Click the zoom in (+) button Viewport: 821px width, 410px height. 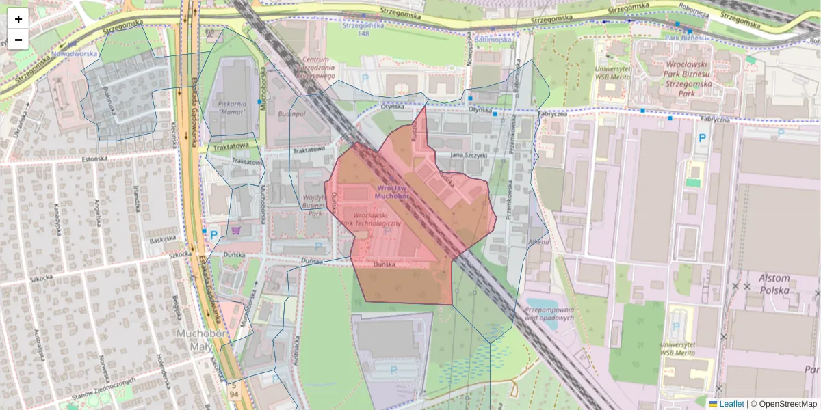(x=18, y=19)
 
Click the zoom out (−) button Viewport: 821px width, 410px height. (x=18, y=40)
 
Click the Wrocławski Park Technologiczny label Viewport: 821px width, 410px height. (x=372, y=219)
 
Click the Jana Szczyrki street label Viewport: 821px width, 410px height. (x=469, y=156)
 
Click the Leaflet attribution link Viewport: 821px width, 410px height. (x=731, y=404)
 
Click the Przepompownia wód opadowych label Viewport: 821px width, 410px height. (x=548, y=313)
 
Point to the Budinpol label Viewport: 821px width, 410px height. (x=292, y=114)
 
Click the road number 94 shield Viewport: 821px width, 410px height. (x=235, y=396)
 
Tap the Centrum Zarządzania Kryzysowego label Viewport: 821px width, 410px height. (x=311, y=68)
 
